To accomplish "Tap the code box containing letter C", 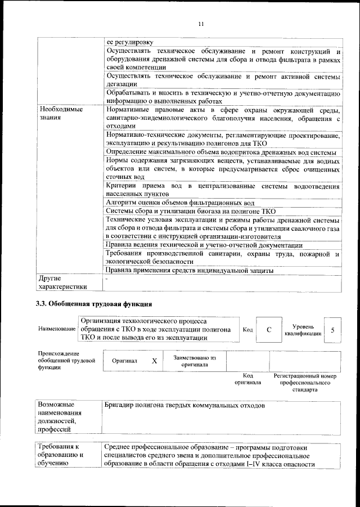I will [x=269, y=330].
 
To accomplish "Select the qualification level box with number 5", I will [x=333, y=330].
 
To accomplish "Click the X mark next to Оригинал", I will [x=154, y=361].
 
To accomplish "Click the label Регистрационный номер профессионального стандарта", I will [x=304, y=382].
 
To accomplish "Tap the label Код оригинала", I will [x=247, y=379].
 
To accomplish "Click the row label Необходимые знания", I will [x=60, y=114].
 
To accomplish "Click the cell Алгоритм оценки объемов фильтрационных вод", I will [x=180, y=203].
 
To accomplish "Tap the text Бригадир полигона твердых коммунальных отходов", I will [x=184, y=405].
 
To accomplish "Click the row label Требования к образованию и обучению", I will [x=61, y=455].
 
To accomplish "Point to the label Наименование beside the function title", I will [x=57, y=329].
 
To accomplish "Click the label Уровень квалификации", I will [x=303, y=330].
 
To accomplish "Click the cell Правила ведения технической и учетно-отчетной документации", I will [x=204, y=245].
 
